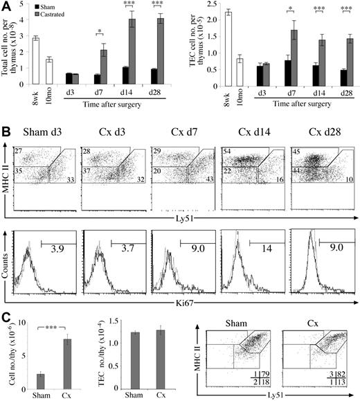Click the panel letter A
[6, 6]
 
